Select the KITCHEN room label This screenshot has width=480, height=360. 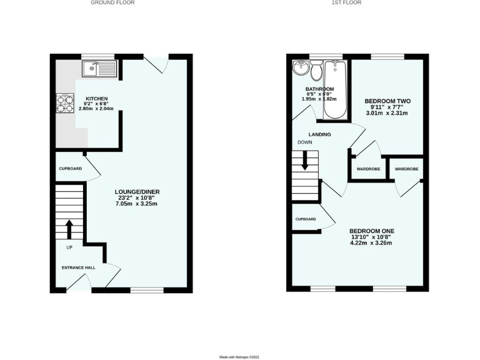tap(97, 99)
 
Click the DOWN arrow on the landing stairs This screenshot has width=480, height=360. tap(305, 162)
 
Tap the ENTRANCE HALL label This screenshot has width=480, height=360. tap(78, 267)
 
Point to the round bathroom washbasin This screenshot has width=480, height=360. tap(301, 67)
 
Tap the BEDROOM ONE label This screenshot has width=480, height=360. tap(371, 231)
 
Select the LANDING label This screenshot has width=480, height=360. tap(319, 134)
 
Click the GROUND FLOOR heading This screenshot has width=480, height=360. tap(112, 2)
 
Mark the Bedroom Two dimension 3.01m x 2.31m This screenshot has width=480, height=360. tap(386, 114)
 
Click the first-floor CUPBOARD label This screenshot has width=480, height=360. tap(306, 219)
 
